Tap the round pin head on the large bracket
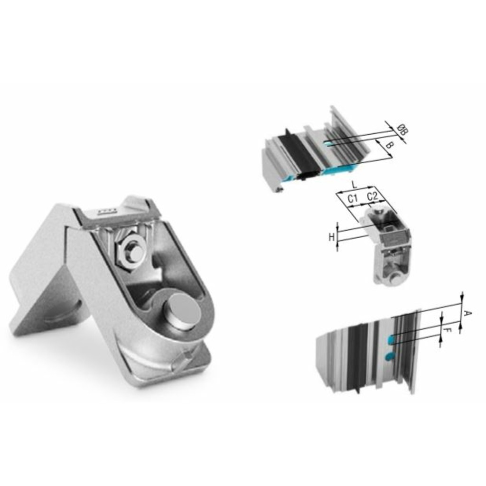coord(182,311)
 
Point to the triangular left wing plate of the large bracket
coord(43,299)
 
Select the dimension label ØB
coord(402,130)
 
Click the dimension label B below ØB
coord(388,145)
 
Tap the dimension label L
coord(354,185)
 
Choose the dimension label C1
coord(352,198)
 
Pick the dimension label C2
coord(373,196)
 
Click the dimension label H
coord(331,237)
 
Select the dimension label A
coord(467,313)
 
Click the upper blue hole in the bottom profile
coord(391,339)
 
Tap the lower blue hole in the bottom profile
coord(390,356)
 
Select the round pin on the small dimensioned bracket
coord(394,278)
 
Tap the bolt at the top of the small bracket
coord(378,209)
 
